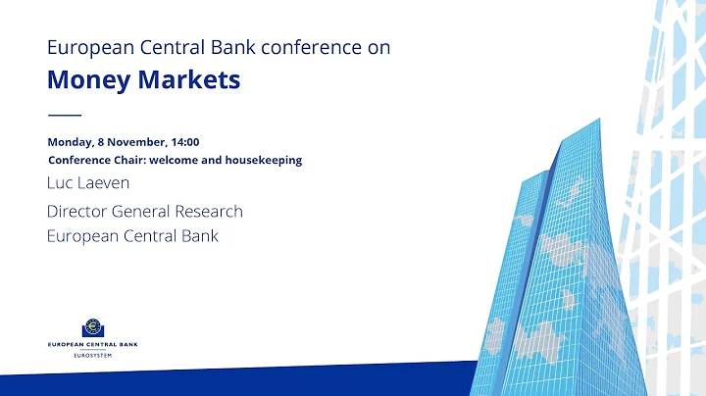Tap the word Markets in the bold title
tap(190, 79)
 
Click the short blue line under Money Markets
tap(64, 115)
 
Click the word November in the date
tap(138, 142)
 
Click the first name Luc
tap(61, 183)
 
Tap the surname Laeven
tap(106, 183)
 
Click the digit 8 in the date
tap(102, 142)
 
